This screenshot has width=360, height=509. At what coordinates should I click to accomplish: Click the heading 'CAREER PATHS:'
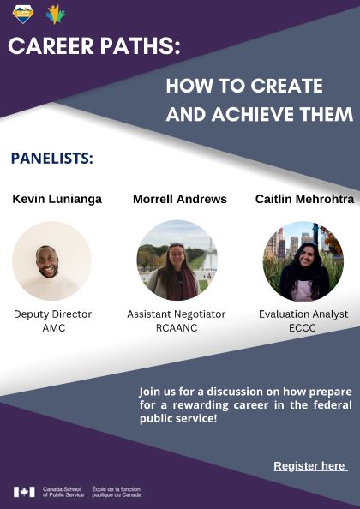94,46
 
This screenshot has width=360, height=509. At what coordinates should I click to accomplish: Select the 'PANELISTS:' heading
52,159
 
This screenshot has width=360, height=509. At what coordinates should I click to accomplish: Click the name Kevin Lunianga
57,199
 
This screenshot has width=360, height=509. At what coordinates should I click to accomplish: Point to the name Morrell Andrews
180,199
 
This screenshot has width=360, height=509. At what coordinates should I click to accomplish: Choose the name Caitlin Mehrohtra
304,199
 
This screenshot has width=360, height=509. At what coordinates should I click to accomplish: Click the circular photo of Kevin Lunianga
51,260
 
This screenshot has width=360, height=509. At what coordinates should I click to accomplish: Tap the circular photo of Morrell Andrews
177,260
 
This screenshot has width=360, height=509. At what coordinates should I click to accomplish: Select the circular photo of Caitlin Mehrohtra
303,260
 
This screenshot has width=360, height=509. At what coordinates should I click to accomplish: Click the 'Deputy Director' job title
52,314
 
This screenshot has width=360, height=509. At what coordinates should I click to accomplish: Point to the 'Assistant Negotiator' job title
177,314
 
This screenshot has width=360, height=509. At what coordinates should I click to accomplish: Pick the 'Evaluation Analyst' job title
303,314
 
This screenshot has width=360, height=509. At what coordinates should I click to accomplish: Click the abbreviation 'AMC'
52,327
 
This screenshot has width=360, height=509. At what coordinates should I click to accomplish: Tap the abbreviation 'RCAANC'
177,327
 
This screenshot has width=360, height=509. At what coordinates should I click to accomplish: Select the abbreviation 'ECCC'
303,327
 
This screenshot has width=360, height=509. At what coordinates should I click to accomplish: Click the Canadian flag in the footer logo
24,492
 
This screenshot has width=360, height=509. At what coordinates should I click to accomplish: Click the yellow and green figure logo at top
56,15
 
